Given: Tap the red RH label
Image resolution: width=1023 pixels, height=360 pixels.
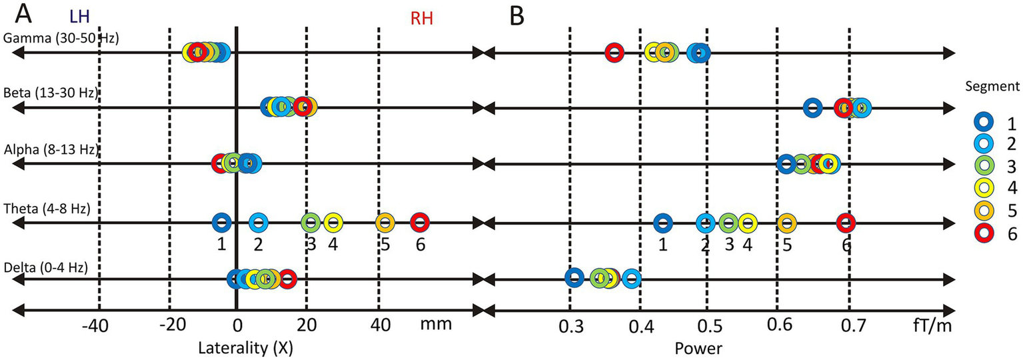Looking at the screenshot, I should (x=421, y=19).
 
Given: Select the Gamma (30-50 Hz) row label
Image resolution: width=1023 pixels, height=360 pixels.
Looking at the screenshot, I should (x=61, y=38).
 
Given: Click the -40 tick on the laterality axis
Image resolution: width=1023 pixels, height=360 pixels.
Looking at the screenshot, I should (x=99, y=327).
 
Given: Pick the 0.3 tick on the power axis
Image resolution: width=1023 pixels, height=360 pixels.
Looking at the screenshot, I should (x=570, y=327).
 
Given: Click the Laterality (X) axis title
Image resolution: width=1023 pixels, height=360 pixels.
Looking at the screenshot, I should (x=245, y=347).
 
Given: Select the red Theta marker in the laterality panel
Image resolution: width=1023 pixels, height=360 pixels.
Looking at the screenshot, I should (x=419, y=222).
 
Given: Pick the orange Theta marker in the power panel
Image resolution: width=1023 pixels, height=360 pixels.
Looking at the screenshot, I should (x=786, y=223).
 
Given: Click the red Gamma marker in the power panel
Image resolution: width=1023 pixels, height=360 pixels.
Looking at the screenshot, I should (x=614, y=52).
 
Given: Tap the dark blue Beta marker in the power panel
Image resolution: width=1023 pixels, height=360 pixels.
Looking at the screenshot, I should (x=812, y=107).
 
